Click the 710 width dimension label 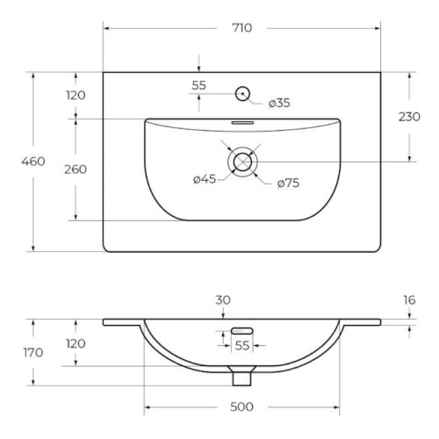(x=241, y=28)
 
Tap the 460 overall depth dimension (x=33, y=162)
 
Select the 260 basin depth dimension (x=76, y=169)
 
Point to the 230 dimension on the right (x=409, y=117)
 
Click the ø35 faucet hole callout (x=279, y=103)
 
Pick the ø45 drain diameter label (x=205, y=179)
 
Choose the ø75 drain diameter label (x=288, y=184)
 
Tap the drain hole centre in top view (x=242, y=162)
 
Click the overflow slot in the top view (x=242, y=123)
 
